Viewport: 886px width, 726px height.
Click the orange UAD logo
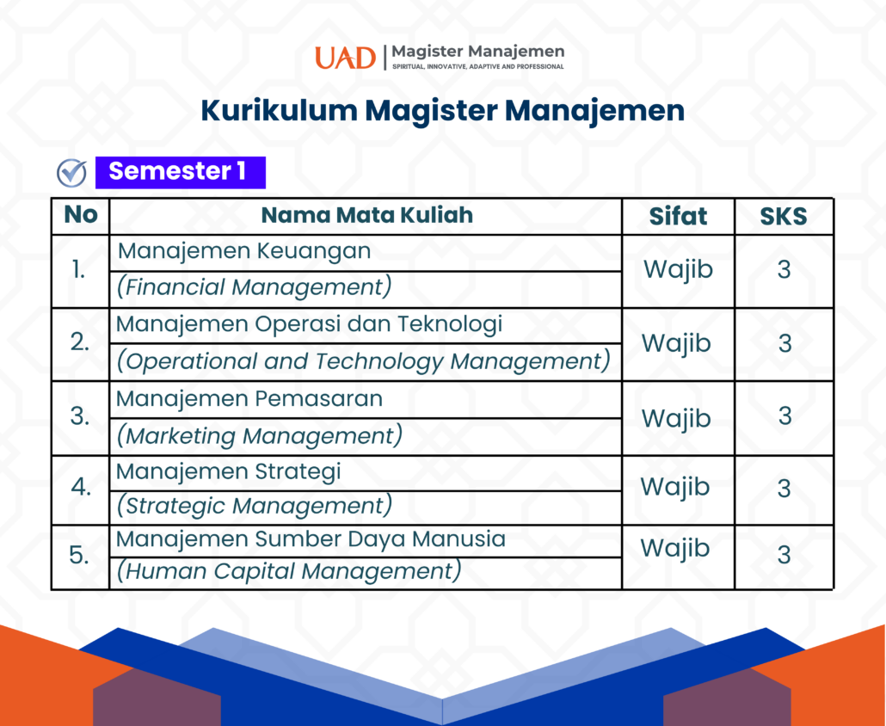click(x=345, y=58)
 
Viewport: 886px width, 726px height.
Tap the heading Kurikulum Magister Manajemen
click(x=442, y=111)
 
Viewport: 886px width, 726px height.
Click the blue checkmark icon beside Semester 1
click(x=71, y=173)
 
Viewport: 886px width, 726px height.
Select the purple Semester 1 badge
click(x=181, y=172)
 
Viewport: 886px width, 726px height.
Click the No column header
click(x=80, y=215)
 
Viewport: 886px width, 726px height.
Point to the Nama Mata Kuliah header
click(x=366, y=215)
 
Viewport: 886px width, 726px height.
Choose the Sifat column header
click(x=678, y=217)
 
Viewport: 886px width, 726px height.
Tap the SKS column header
click(x=783, y=217)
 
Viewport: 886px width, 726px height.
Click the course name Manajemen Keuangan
click(x=244, y=251)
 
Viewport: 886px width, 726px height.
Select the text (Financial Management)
click(x=254, y=287)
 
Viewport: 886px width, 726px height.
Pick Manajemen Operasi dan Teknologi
click(x=309, y=325)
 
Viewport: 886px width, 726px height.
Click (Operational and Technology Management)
click(x=363, y=361)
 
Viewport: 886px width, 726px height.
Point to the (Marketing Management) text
click(x=260, y=436)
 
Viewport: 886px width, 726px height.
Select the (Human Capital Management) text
click(x=289, y=571)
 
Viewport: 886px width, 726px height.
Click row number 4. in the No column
click(x=81, y=487)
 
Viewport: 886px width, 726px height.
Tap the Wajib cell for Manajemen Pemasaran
click(x=676, y=419)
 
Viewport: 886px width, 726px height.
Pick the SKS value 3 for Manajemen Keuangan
click(x=784, y=269)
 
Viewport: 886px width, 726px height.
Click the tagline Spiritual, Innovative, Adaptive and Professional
click(x=478, y=67)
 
